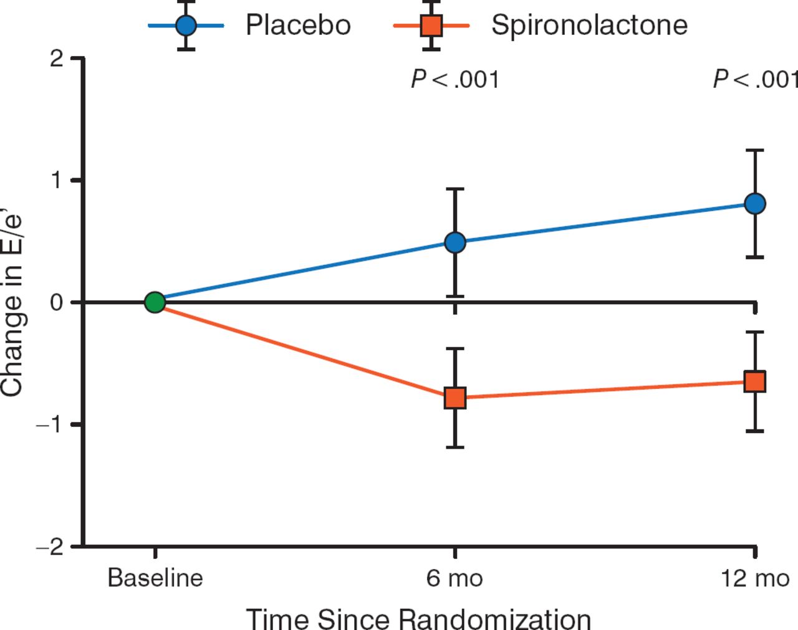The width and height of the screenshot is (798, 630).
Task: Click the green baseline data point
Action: pyautogui.click(x=155, y=302)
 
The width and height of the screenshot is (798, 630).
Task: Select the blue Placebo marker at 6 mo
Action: pyautogui.click(x=455, y=242)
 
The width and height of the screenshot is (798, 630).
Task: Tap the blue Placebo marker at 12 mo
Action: pyautogui.click(x=755, y=204)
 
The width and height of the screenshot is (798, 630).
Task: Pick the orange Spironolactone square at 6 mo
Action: pyautogui.click(x=455, y=398)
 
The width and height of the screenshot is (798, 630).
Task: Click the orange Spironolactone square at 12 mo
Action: pyautogui.click(x=755, y=381)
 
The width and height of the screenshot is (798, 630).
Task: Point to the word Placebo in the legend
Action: pyautogui.click(x=298, y=26)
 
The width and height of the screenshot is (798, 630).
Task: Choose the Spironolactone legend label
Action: pyautogui.click(x=589, y=26)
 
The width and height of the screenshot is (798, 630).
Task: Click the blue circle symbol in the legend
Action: pyautogui.click(x=186, y=26)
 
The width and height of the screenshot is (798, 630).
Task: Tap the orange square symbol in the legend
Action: pyautogui.click(x=431, y=26)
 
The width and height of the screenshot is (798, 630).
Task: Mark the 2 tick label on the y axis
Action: pyautogui.click(x=57, y=59)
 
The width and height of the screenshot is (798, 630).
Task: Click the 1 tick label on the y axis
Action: pyautogui.click(x=57, y=180)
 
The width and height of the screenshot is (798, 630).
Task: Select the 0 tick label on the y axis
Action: pyautogui.click(x=57, y=302)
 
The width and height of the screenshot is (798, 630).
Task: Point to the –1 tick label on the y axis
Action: pyautogui.click(x=50, y=424)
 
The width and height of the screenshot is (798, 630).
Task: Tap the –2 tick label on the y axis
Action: pyautogui.click(x=50, y=547)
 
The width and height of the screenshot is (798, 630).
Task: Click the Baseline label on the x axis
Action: pyautogui.click(x=155, y=578)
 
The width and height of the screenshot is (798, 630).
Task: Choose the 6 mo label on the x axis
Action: pyautogui.click(x=454, y=578)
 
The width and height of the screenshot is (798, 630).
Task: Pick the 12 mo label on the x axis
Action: pyautogui.click(x=755, y=578)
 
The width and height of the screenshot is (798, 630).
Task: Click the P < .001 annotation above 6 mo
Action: pyautogui.click(x=455, y=80)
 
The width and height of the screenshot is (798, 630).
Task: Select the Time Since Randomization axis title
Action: pyautogui.click(x=418, y=619)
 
